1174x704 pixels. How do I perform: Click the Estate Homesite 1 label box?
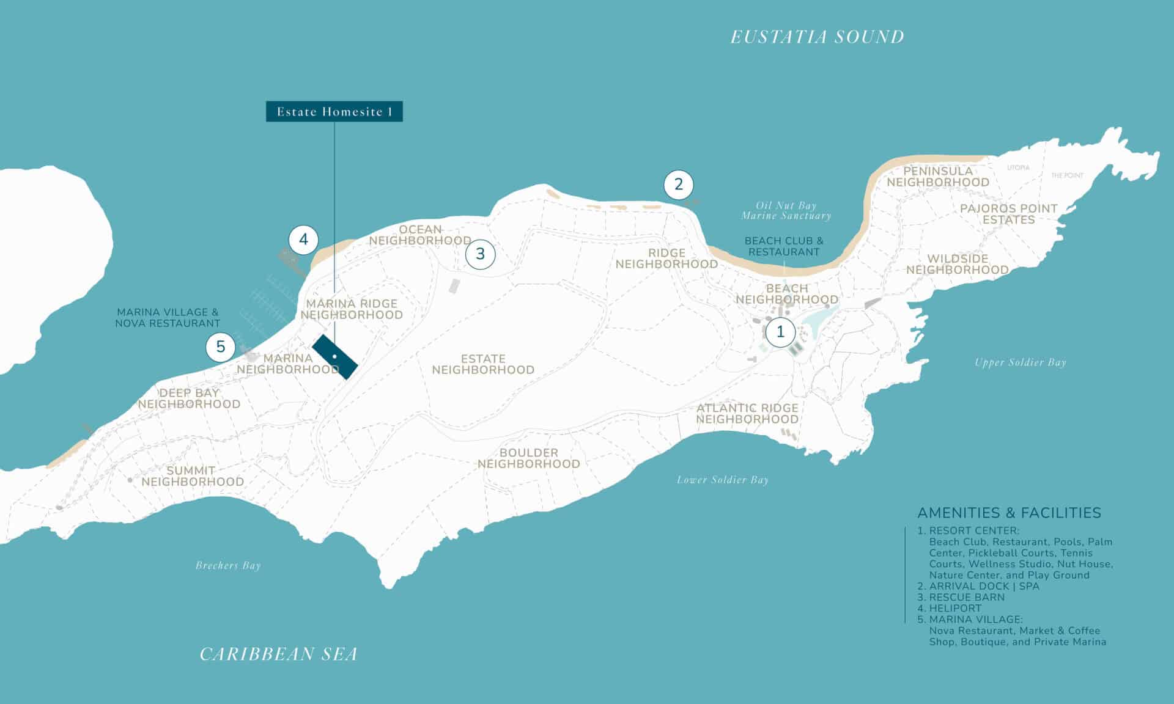point(334,111)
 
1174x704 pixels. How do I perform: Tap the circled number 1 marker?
point(780,332)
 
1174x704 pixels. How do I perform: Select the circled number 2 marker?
point(678,184)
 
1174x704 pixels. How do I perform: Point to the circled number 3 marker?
point(480,254)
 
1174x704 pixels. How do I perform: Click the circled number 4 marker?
point(303,240)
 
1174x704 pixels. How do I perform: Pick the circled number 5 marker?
point(220,347)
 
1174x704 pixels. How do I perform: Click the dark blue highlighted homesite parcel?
point(334,357)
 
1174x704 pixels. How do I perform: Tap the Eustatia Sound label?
point(817,37)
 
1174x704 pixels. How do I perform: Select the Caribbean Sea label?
point(278,654)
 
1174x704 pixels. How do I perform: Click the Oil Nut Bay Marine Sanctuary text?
point(786,211)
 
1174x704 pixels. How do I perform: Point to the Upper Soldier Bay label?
point(1020,362)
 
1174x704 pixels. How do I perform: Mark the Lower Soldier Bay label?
point(722,480)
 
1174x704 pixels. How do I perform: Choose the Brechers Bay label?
point(228,565)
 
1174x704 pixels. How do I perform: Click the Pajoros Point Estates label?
point(1008,214)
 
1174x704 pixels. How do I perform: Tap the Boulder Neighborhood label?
point(528,458)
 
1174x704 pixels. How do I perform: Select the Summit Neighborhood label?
point(192,476)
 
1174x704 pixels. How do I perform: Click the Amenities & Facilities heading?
point(1009,513)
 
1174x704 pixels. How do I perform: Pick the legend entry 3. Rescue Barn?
point(961,597)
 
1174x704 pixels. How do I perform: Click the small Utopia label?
point(1018,167)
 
